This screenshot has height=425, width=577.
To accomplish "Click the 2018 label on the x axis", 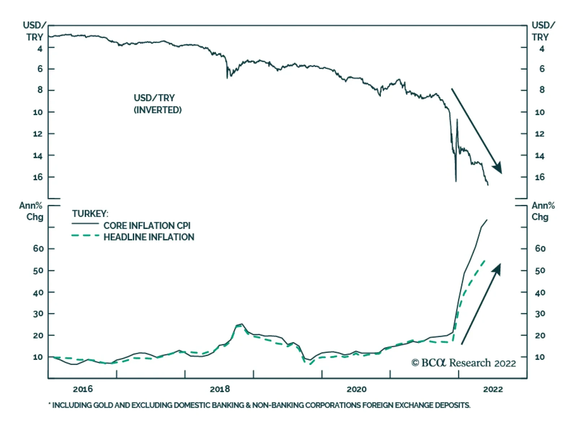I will point(220,389).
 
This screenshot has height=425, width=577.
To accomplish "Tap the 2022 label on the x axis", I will point(493,389).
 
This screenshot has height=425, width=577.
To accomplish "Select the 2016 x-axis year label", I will point(83,389).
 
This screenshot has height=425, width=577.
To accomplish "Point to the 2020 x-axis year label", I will point(356,389).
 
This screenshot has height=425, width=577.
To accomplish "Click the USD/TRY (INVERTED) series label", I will point(158,104).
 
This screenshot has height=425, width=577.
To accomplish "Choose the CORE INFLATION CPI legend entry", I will point(147,226).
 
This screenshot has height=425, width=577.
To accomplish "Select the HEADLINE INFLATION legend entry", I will point(149,237).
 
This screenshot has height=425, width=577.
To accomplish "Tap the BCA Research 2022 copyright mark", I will point(464,363).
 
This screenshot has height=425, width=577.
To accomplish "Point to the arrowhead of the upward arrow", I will point(498,268).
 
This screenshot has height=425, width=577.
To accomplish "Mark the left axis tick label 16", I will point(38,177).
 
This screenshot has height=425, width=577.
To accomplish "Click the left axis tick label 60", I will point(38,249).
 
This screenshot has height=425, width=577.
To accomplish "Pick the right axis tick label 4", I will point(542,49).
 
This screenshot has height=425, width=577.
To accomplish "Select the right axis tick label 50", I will point(540,271).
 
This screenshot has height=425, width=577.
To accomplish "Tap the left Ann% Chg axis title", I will point(31,211).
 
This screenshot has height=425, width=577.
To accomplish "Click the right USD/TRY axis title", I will point(543,31).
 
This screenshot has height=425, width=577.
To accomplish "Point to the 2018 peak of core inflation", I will point(241,324).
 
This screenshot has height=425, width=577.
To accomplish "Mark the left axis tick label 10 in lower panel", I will point(38,357).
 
